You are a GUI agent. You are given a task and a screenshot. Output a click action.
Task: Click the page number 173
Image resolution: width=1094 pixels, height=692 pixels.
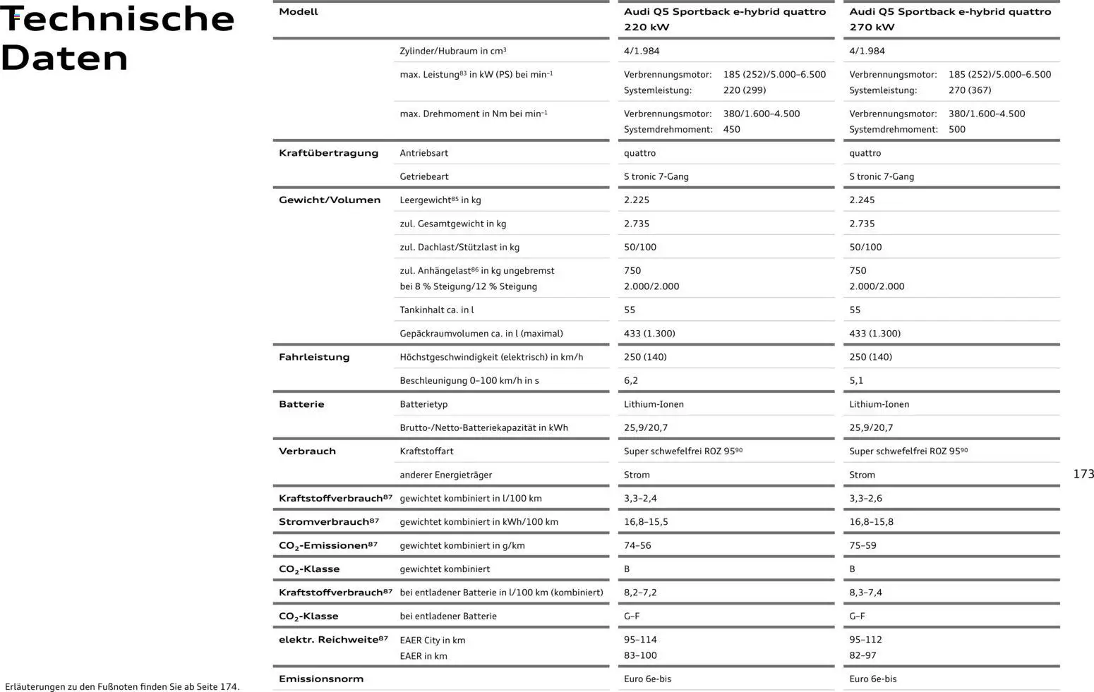point(1083,474)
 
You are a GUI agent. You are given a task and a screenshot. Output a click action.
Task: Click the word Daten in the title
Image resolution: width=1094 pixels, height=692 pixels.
point(65,58)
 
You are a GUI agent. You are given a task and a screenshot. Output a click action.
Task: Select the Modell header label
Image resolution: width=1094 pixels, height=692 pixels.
point(298,12)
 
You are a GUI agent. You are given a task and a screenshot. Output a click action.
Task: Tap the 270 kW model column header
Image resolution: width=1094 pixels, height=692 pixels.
point(949,19)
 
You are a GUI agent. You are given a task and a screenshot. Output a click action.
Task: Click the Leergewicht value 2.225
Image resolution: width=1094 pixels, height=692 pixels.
point(636,200)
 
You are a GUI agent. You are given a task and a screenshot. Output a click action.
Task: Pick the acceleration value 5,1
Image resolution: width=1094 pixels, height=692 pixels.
point(855,381)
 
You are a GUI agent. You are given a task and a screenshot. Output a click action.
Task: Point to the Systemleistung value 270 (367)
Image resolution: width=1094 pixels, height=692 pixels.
point(969,90)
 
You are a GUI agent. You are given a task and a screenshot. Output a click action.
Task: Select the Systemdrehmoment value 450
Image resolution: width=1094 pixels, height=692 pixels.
point(731,130)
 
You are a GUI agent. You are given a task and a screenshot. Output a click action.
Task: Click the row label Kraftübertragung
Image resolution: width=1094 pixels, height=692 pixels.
point(328,153)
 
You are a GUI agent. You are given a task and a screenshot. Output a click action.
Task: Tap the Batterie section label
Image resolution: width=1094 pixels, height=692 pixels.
point(301,404)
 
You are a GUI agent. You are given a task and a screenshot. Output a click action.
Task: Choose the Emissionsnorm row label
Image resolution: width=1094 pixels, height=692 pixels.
point(320,679)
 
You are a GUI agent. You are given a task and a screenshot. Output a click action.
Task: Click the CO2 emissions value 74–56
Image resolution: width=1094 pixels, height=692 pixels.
point(637,546)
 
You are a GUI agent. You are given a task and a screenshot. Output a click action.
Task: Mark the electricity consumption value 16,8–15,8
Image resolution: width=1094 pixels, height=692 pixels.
point(871,522)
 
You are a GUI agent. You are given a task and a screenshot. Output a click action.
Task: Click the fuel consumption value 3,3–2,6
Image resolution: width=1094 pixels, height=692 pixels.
point(865,499)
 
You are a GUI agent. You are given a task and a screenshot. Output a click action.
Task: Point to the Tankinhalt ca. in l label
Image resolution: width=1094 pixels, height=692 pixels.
point(436,310)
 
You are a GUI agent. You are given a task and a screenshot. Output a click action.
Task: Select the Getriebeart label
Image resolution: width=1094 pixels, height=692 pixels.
point(423,177)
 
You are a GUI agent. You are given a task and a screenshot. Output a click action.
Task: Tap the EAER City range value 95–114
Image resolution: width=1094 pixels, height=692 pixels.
point(639,640)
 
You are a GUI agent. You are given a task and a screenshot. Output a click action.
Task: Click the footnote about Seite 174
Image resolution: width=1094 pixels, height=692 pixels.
point(122,686)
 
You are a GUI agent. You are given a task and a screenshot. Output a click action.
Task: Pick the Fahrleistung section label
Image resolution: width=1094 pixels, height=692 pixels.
point(314,358)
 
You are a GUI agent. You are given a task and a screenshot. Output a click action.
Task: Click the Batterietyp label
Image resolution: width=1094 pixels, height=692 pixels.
point(423,405)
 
